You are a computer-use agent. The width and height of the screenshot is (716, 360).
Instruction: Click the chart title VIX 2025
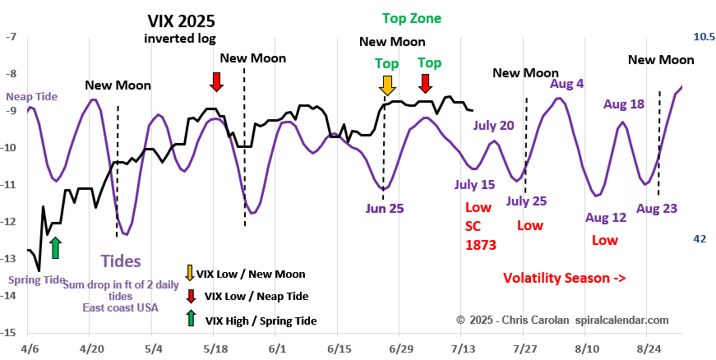coord(182,21)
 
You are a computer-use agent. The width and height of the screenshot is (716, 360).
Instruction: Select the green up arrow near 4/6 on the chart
coord(55,247)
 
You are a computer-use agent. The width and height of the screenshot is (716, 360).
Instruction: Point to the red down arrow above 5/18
coord(216,81)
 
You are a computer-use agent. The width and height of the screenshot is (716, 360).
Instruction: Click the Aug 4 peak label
coord(566,83)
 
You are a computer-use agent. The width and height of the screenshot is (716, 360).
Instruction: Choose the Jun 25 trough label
coord(385,208)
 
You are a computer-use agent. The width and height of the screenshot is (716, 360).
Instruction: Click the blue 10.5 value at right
coord(704,37)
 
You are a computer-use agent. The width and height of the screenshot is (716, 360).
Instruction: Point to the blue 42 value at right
coord(700,238)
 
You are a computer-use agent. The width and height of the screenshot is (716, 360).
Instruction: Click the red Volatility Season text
coord(564,279)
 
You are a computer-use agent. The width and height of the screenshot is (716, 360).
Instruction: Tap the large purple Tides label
coord(121,261)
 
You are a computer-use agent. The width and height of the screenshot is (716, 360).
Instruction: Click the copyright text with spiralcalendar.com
coord(561,319)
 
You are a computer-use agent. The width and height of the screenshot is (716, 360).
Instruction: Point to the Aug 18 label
coord(623,104)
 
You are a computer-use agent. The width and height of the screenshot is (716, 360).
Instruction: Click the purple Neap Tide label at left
coord(31,96)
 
